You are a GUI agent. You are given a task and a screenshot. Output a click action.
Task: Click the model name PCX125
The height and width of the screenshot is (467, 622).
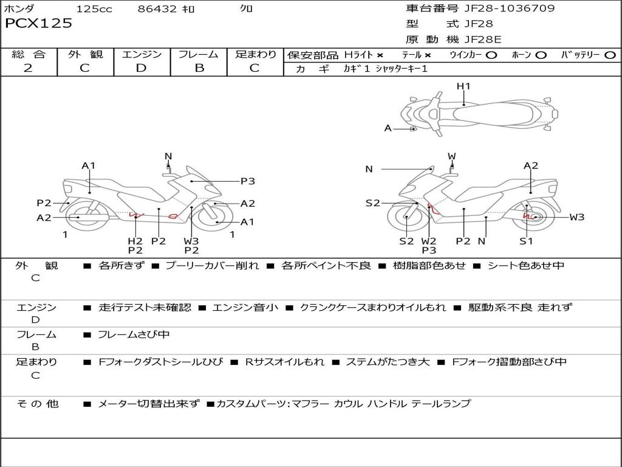pos(38,23)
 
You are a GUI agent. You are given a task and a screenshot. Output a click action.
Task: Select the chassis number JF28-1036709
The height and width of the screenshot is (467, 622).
pos(510,8)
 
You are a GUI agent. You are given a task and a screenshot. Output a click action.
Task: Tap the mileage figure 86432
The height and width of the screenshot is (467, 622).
pos(157,9)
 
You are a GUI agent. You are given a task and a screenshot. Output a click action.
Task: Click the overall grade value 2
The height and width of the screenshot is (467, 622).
pos(28,68)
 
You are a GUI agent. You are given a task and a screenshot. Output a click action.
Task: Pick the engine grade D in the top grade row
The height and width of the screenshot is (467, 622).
pos(141,68)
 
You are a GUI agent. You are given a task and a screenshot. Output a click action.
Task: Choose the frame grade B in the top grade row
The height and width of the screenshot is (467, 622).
pos(199,68)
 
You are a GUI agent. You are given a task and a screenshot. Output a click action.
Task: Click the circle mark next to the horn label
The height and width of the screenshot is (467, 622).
pos(541,55)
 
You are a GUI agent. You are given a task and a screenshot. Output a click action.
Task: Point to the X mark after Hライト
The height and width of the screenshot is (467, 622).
pos(380,55)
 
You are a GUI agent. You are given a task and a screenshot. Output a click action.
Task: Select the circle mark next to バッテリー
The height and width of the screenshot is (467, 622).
pos(610,55)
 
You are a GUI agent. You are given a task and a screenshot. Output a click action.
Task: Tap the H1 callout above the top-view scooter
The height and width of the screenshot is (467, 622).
pos(463,86)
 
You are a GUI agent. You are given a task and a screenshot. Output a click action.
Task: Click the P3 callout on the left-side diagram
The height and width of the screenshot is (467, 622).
pos(248,181)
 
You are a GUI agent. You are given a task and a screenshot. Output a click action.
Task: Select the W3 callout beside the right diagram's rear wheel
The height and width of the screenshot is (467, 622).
pos(577,217)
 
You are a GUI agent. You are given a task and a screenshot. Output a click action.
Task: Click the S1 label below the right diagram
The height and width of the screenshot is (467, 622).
pos(526,241)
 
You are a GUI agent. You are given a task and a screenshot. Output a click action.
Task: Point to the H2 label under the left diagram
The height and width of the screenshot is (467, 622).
pos(135,241)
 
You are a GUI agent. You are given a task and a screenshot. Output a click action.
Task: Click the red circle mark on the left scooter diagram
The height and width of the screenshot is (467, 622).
pos(173,216)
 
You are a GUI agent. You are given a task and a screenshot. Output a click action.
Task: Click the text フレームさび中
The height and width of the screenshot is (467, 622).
pos(134,334)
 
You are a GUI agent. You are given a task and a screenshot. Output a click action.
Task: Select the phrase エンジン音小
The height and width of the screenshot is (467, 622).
pos(245,307)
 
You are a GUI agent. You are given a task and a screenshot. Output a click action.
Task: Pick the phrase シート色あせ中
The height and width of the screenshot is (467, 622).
pos(525,265)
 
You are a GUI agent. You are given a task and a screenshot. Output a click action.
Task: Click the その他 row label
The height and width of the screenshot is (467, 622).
pos(37,404)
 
